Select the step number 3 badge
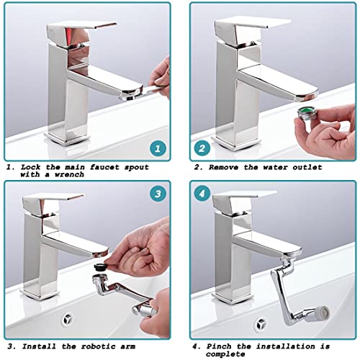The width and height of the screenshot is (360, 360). point(158,194)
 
